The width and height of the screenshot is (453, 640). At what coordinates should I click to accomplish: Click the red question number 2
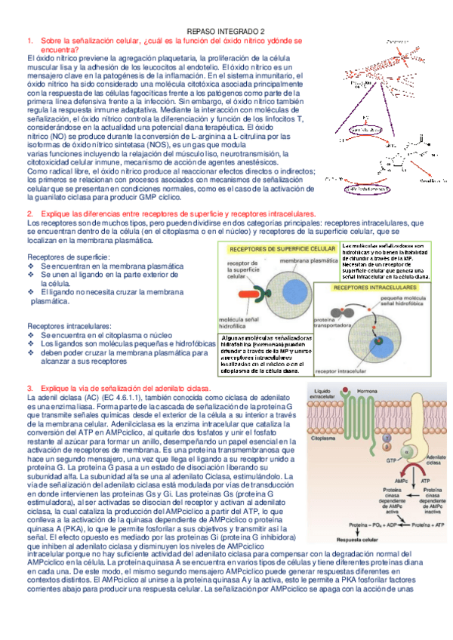click(x=29, y=215)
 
